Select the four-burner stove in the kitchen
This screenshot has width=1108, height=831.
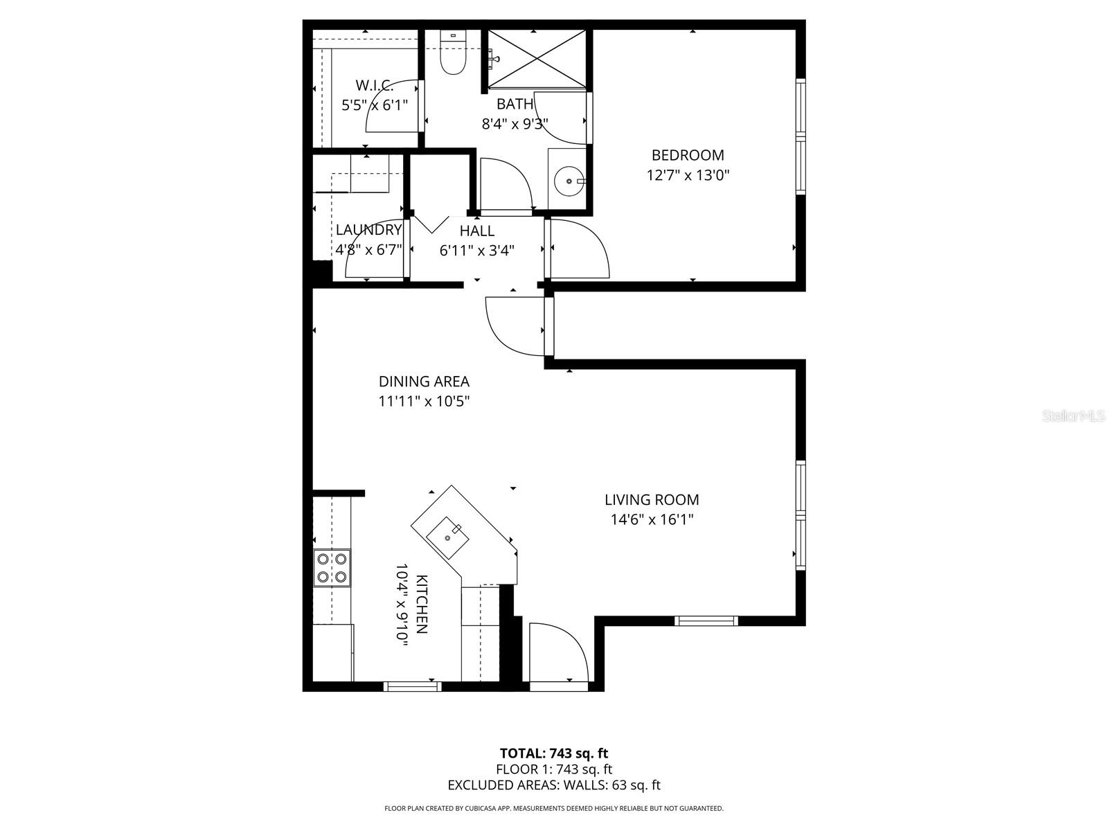click(x=332, y=567)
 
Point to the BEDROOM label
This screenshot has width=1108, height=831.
click(x=688, y=155)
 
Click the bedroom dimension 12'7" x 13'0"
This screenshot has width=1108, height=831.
click(x=688, y=175)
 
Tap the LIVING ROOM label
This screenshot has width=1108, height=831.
click(x=652, y=499)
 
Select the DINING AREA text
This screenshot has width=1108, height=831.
click(x=424, y=382)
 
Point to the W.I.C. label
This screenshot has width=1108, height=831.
click(x=375, y=86)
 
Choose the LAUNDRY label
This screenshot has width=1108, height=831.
click(x=368, y=230)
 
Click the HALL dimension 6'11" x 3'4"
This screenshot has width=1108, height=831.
click(x=476, y=251)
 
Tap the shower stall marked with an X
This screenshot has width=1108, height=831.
click(x=537, y=59)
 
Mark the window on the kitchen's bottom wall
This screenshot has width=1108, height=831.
click(x=413, y=686)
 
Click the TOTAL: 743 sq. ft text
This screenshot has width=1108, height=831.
click(x=554, y=753)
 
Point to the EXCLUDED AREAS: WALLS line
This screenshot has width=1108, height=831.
click(x=554, y=785)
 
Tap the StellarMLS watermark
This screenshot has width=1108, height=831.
click(x=1075, y=416)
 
